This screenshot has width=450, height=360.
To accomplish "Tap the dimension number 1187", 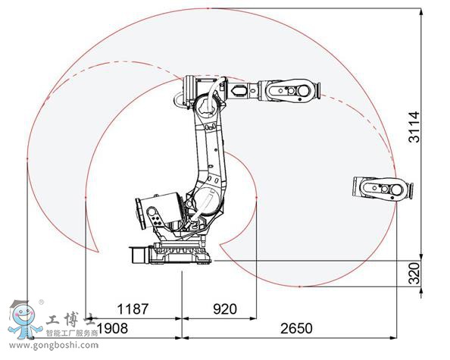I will click(131, 309).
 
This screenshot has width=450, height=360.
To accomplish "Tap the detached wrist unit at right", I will click(383, 189).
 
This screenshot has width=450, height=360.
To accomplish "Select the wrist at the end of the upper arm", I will click(292, 91).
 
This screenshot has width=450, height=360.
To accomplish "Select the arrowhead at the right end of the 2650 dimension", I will click(420, 338).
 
